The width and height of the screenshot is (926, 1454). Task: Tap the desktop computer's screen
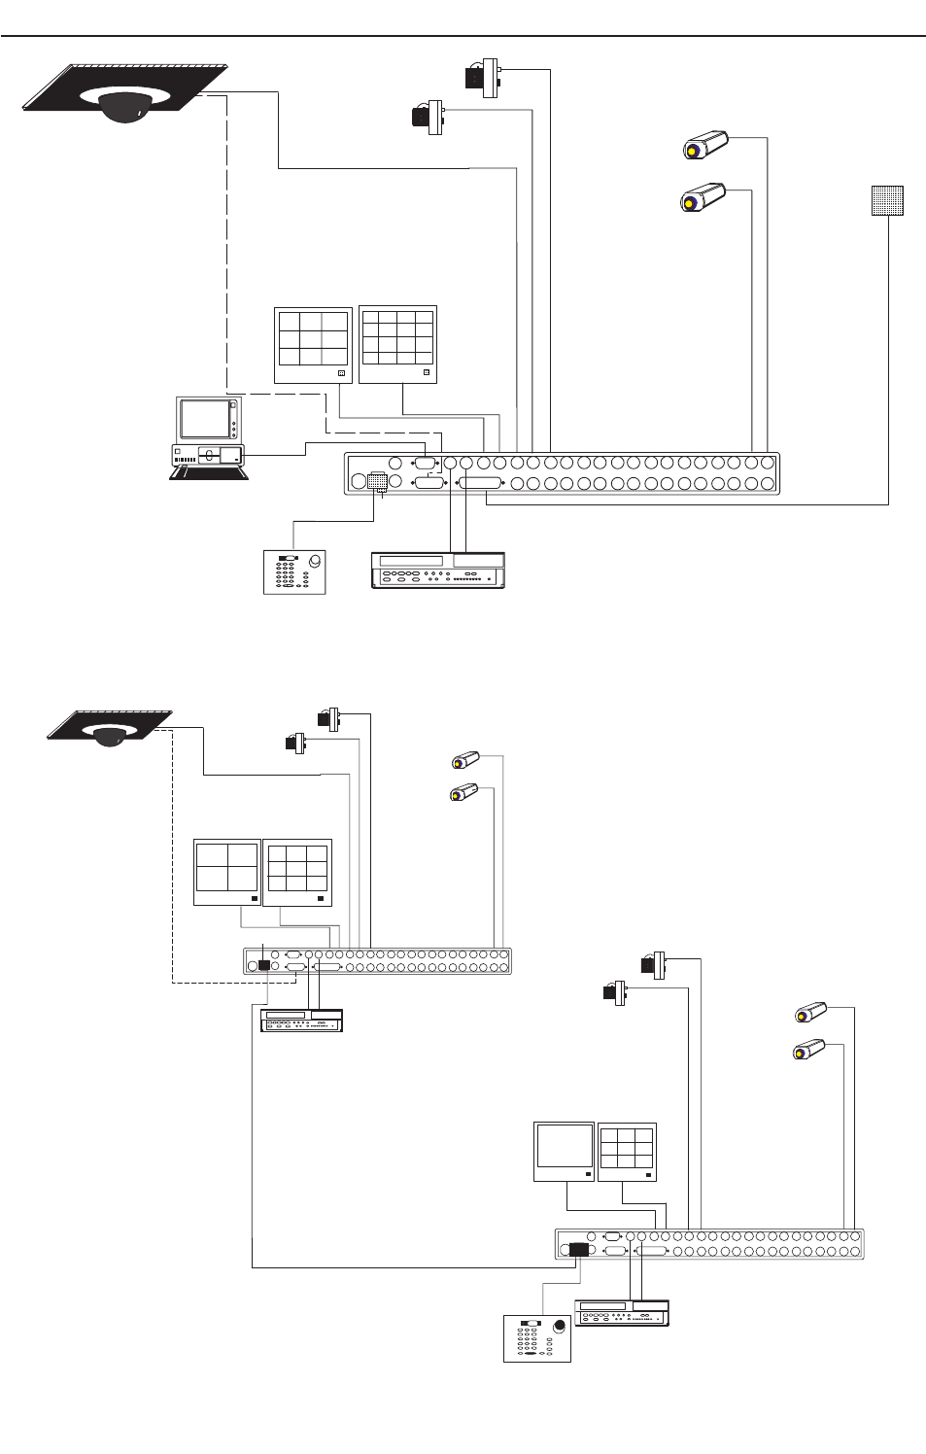tap(204, 419)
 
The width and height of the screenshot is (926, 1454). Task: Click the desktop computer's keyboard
tap(208, 472)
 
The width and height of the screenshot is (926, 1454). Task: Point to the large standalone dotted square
tap(887, 200)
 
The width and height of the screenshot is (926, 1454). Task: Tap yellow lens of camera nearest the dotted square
tap(690, 202)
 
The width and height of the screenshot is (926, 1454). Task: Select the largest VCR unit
tap(438, 570)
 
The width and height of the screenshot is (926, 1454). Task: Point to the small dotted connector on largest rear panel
tap(378, 482)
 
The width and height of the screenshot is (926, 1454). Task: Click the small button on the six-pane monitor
tap(341, 372)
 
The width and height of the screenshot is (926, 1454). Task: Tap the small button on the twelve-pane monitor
tap(426, 372)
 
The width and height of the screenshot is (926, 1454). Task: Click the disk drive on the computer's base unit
tap(209, 455)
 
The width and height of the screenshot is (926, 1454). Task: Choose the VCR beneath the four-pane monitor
tap(301, 1020)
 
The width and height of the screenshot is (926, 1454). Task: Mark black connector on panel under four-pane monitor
tap(263, 965)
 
